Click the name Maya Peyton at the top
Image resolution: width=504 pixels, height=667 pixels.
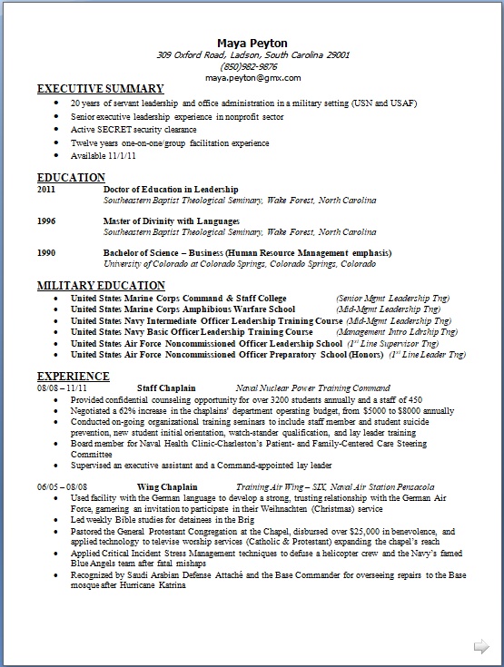click(x=252, y=43)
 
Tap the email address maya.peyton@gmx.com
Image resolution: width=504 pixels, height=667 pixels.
click(x=252, y=78)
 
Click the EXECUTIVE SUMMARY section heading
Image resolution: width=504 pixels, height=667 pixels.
click(x=100, y=90)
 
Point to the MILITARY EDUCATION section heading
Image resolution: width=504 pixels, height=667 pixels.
click(x=100, y=286)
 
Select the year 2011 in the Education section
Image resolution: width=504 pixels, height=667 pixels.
click(x=46, y=189)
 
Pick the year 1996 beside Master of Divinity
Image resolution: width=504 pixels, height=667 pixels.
click(x=46, y=221)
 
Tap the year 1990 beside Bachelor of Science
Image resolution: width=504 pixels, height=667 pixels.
click(x=46, y=252)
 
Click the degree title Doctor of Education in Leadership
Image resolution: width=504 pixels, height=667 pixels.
click(x=158, y=189)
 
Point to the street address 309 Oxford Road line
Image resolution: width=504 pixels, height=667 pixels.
click(x=252, y=54)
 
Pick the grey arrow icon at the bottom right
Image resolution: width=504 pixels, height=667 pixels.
click(x=480, y=646)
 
